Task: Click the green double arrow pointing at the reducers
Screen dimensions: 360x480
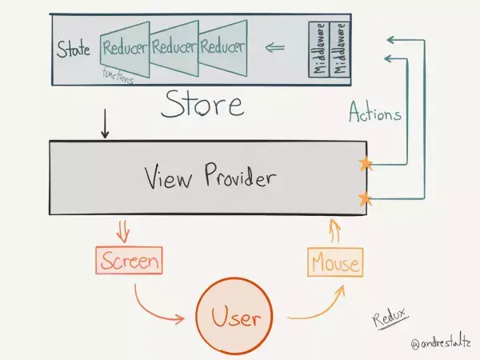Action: click(275, 47)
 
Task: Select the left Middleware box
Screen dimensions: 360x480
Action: click(320, 49)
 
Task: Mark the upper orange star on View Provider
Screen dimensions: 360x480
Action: click(366, 164)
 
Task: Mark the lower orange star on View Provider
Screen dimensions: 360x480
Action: click(366, 198)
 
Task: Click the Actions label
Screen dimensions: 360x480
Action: click(375, 114)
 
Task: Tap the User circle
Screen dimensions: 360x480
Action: click(234, 318)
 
